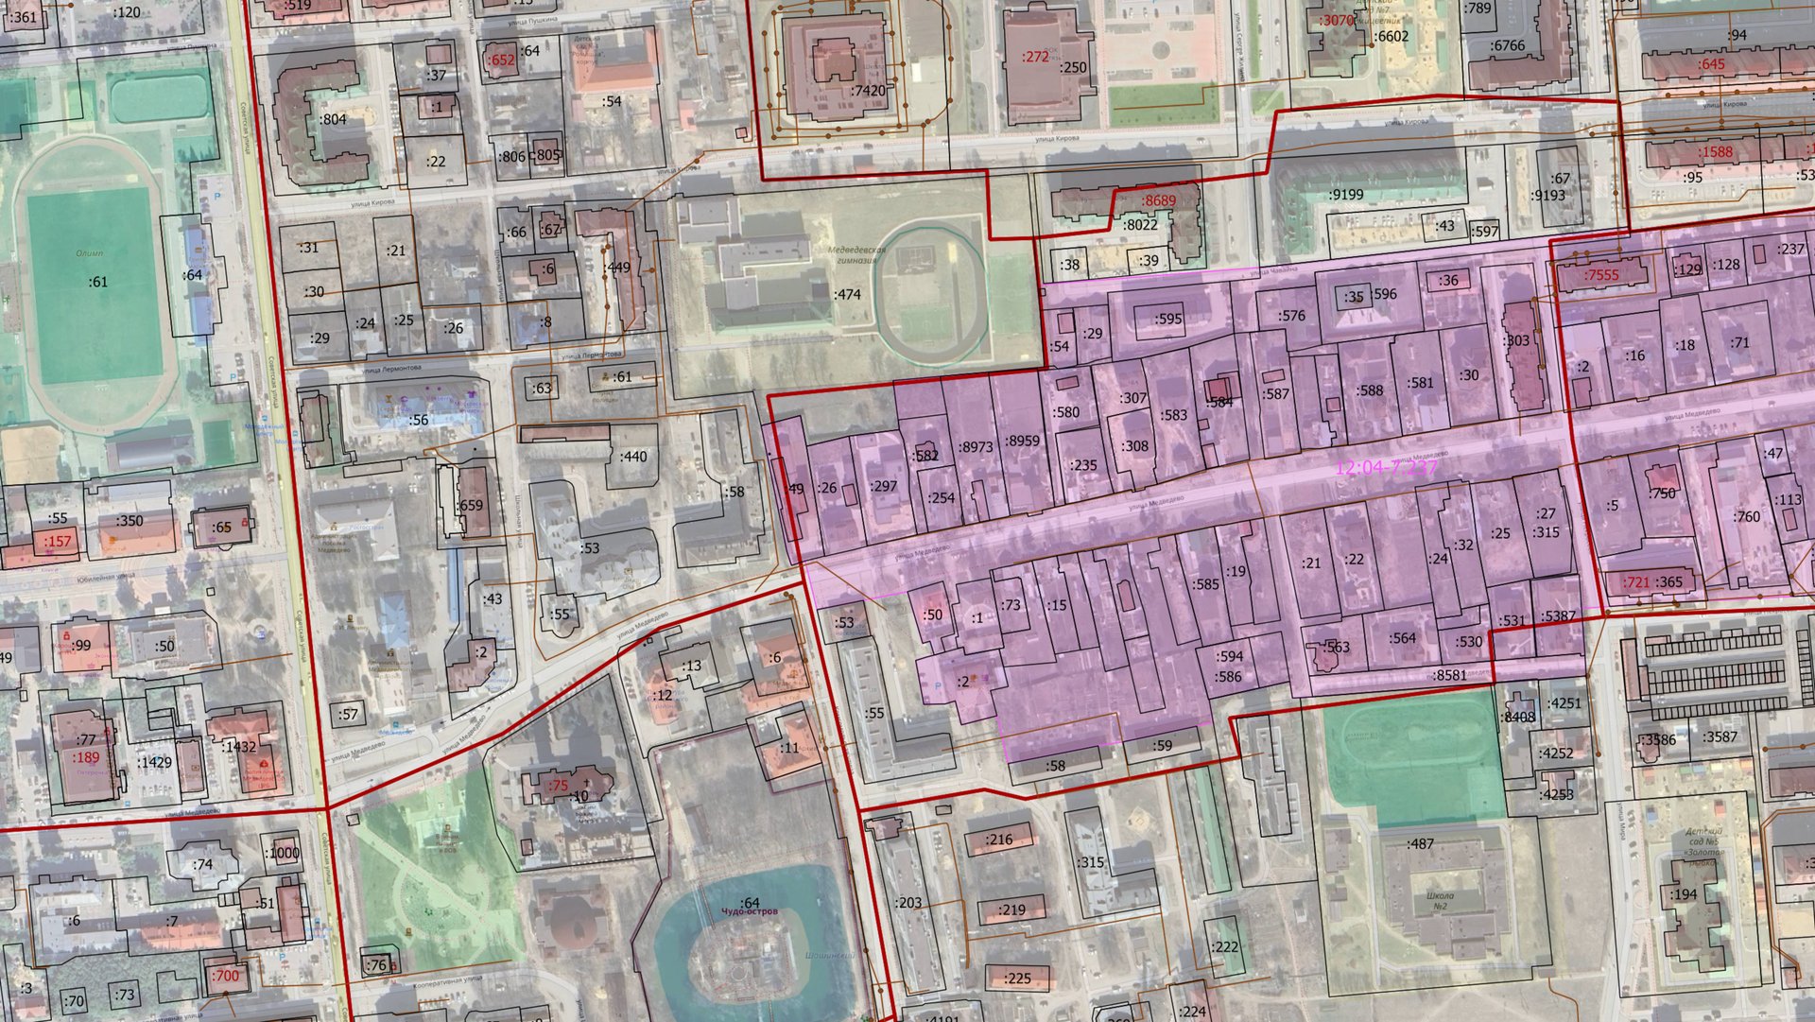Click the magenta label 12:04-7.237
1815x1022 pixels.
(x=1386, y=468)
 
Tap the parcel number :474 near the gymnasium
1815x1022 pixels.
(x=847, y=294)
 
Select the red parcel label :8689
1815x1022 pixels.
(x=1158, y=200)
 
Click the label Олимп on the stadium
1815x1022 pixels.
(x=90, y=253)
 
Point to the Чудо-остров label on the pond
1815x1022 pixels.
(x=749, y=912)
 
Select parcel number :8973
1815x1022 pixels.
(x=976, y=446)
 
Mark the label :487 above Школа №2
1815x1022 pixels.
(x=1420, y=843)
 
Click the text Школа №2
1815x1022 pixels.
(x=1441, y=900)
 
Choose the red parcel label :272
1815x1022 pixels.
(x=1035, y=57)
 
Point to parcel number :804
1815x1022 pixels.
(x=333, y=119)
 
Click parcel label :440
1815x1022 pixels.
(x=632, y=457)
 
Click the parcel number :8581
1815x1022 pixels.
(x=1449, y=675)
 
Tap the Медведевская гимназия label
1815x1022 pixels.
(x=857, y=255)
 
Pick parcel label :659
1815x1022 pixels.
(x=470, y=505)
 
